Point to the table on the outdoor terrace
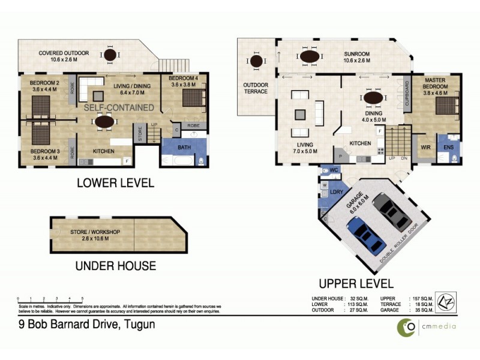pos(256,61)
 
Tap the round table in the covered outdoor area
pos(110,56)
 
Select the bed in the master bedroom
pos(446,107)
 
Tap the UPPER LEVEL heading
pos(356,283)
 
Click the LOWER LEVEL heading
pos(115,183)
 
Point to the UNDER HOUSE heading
pos(115,266)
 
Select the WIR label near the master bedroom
pos(426,146)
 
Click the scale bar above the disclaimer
pos(50,298)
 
